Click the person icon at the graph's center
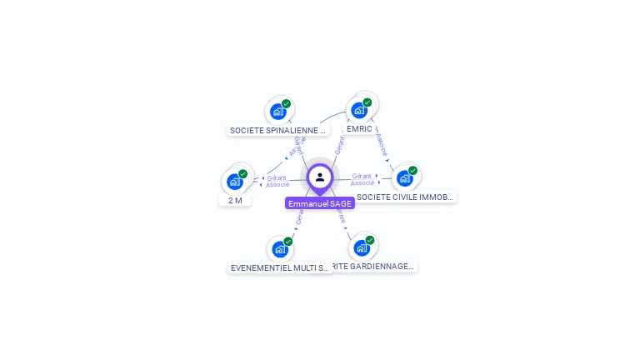pos(320,177)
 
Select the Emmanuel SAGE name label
pos(320,203)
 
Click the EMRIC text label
pos(359,129)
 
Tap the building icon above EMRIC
pos(359,110)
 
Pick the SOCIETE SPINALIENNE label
pos(277,130)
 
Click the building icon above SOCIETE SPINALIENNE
pos(277,112)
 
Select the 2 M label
pos(235,200)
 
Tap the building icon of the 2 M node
pos(234,182)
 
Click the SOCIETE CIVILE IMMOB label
pos(405,197)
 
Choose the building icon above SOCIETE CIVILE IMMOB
pos(404,177)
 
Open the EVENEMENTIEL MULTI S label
pos(280,267)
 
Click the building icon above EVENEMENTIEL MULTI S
pos(279,248)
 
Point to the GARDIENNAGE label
pos(373,267)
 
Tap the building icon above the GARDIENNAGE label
pos(361,247)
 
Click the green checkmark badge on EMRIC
pos(367,102)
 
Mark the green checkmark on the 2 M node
pos(243,174)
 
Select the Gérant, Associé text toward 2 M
pos(277,180)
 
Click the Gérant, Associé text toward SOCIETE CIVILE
pos(362,179)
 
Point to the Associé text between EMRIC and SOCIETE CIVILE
pos(382,144)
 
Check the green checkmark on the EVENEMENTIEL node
pos(288,241)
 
